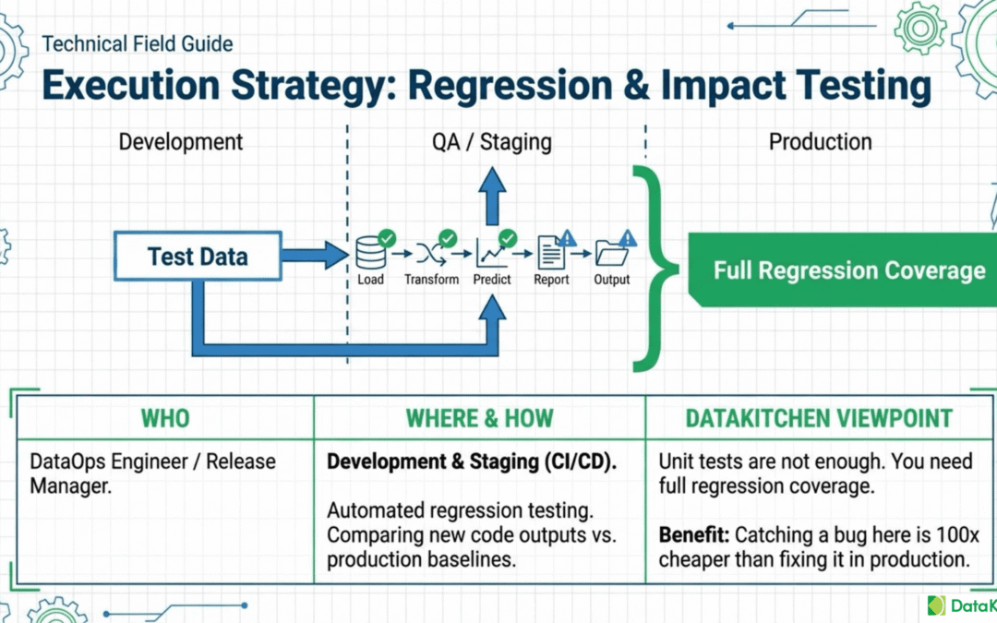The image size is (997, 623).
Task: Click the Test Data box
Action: pos(198,257)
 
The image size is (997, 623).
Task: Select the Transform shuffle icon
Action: pos(431,255)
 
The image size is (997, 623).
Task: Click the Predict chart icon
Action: pos(491,255)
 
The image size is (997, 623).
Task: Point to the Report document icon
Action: pos(550,253)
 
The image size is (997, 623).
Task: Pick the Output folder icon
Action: pos(611,255)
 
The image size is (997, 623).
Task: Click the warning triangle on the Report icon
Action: pos(567,238)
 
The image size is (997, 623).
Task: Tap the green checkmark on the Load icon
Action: pos(387,238)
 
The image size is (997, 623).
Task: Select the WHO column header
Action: pos(165,418)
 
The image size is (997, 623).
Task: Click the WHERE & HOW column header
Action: pos(479,418)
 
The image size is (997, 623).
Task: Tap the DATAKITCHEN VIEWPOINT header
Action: pos(819,418)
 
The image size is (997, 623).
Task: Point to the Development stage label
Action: pos(181,142)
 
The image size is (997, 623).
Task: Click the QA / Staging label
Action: pos(491,142)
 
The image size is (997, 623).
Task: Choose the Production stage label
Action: pos(821,142)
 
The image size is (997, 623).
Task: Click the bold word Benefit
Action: pos(693,534)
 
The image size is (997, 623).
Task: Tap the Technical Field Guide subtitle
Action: pos(138,44)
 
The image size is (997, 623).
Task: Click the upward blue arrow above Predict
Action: pos(492,196)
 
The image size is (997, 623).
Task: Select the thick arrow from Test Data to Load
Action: pos(315,256)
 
